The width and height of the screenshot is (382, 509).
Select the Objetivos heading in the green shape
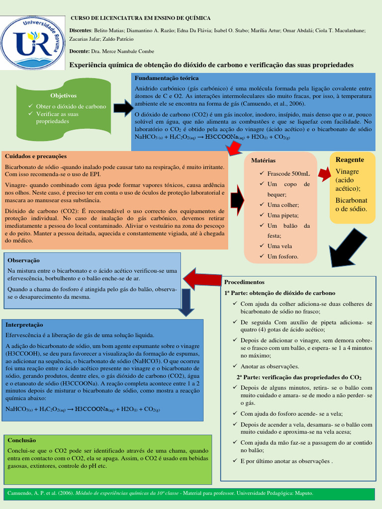coord(63,95)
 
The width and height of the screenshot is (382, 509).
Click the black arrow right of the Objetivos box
coord(123,108)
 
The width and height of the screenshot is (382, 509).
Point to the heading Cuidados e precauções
coord(35,156)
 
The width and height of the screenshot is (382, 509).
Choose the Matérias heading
coord(263,161)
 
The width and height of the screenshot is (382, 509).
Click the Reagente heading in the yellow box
coord(350,160)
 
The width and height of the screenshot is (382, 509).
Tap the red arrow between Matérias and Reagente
coord(324,173)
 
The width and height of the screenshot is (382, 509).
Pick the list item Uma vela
coord(280,246)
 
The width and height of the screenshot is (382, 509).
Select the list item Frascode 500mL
coord(288,173)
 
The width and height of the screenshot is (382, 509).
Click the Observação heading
coord(23,260)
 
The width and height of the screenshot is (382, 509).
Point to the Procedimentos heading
coord(245,281)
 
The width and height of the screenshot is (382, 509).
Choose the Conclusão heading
coord(21,440)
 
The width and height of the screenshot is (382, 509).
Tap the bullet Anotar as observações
coord(270,366)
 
